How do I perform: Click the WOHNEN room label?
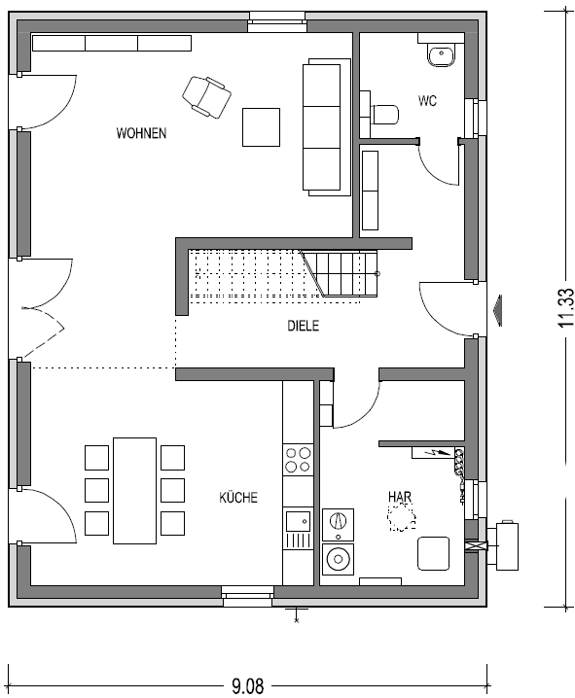pos(141,133)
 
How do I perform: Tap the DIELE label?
pos(303,326)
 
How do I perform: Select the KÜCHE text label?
pos(238,497)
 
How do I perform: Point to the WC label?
pos(427,100)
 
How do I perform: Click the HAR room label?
pos(400,497)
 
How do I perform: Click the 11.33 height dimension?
pos(565,307)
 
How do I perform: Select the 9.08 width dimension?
pos(248,686)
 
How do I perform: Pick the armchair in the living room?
pos(206,97)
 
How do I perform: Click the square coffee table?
pos(261,127)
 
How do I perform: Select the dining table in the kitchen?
pos(134,491)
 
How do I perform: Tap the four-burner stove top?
pos(298,460)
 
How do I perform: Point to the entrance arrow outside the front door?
pos(496,310)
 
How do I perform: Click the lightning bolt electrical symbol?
pos(439,453)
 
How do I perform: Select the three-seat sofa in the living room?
pos(327,127)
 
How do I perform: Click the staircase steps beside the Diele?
pos(341,274)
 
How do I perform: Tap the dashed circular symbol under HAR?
pos(402,517)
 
